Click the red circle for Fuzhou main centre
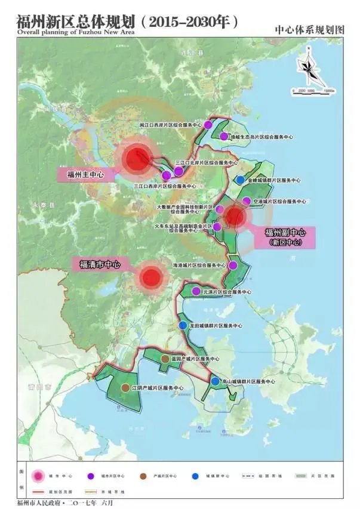[136, 159]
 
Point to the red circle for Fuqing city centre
[151, 277]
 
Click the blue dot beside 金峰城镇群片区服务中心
[240, 180]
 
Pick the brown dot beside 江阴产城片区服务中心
[125, 388]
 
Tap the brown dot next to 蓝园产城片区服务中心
[165, 359]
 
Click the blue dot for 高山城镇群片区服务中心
[215, 381]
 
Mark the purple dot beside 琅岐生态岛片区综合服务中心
[224, 137]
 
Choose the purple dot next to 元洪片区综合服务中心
[196, 291]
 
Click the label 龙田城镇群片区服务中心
[216, 326]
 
